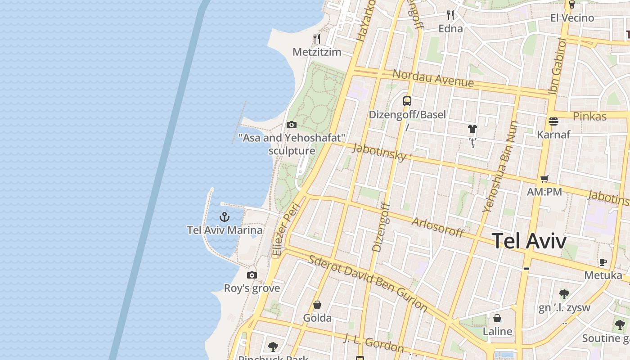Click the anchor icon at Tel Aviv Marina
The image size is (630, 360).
(225, 217)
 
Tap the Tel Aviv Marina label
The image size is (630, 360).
(225, 230)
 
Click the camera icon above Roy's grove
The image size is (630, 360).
(252, 275)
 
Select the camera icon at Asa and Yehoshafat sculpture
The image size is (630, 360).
(292, 125)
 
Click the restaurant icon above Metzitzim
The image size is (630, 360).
(317, 39)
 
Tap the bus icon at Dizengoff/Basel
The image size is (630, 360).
(407, 101)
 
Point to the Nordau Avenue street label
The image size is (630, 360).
(433, 79)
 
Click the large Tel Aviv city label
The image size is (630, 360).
(529, 241)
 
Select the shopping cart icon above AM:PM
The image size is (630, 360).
(544, 179)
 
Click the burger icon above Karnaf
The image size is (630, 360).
(553, 121)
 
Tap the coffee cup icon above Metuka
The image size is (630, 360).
(603, 262)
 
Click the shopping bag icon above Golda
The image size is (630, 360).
(317, 305)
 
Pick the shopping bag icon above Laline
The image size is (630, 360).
(497, 319)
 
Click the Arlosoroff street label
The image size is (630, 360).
(437, 227)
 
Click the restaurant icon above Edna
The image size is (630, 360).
(450, 16)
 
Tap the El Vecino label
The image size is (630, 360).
(572, 18)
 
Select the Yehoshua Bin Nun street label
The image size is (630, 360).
(500, 166)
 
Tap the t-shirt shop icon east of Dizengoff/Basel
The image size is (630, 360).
(472, 129)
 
